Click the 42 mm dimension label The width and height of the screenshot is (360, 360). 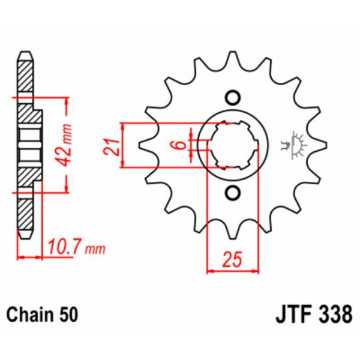click(67, 145)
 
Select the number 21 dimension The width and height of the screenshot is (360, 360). click(110, 146)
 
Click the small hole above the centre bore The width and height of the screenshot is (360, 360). click(232, 98)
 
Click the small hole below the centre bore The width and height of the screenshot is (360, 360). click(232, 193)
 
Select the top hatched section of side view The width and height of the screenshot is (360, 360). click(24, 75)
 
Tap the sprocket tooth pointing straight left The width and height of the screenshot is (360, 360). click(144, 145)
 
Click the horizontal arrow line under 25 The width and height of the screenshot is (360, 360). click(233, 271)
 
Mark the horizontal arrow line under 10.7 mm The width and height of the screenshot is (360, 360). click(30, 257)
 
